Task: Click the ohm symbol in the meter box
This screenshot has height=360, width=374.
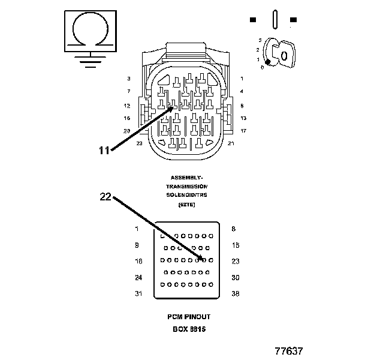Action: point(89,28)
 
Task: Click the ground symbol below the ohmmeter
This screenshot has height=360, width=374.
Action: point(89,60)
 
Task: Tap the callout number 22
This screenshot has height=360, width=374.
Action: point(105,196)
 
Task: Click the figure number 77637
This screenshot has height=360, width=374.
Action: point(289,349)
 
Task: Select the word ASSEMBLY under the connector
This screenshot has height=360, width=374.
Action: point(186,178)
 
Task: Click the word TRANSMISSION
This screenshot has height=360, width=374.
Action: point(186,187)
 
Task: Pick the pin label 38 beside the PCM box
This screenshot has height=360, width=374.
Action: point(235,294)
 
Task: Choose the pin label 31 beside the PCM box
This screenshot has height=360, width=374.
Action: point(138,294)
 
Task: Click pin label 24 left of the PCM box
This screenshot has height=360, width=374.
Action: point(138,278)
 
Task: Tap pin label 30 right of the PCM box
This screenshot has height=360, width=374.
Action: point(235,278)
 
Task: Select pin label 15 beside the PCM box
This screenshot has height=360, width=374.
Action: point(235,245)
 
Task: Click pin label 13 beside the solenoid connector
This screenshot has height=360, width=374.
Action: point(243,118)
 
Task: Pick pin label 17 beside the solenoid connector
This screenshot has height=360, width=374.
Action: point(243,130)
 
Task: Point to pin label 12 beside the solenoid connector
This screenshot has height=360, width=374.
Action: point(127,106)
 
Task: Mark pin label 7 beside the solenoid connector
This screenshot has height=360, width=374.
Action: point(128,91)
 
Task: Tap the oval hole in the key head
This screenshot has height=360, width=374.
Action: point(284,55)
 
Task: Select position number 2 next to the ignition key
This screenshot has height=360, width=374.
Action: point(258,49)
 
